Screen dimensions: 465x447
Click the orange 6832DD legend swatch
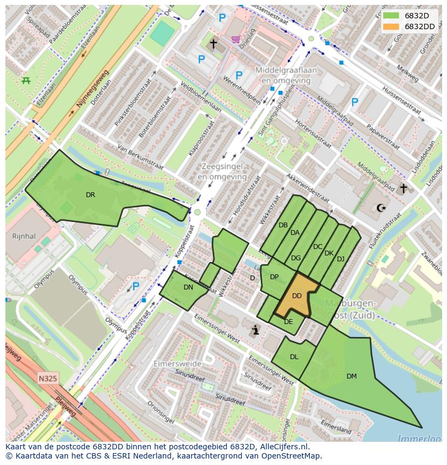point(391,26)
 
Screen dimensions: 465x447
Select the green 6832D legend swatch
point(391,16)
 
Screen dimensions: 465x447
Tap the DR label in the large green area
point(90,195)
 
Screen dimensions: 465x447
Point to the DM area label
point(351,376)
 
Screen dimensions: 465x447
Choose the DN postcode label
point(188,287)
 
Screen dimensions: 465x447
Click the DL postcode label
point(294,357)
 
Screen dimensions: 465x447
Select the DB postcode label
point(283,225)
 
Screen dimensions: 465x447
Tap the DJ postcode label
point(340,259)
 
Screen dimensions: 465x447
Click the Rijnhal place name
point(23,236)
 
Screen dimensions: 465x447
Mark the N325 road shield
point(48,379)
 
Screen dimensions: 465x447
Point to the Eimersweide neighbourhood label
point(177,364)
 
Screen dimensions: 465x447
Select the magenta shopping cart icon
point(236,39)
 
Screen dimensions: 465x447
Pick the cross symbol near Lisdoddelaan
point(403,188)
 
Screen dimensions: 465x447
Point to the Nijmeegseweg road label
point(93,88)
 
